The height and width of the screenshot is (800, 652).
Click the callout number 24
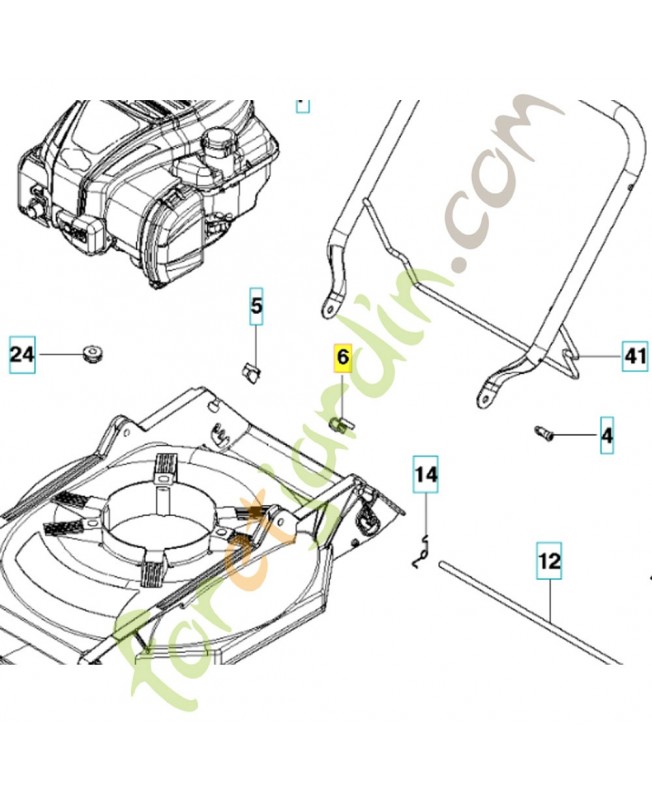22,354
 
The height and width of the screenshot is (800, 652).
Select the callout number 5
256,306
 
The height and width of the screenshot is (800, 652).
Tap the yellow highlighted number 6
343,357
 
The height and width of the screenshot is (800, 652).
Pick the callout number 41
635,356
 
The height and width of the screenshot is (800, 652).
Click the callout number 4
607,435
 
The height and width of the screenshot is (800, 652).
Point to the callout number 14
426,474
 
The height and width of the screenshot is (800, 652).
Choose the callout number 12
549,561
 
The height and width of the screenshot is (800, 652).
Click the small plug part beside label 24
92,353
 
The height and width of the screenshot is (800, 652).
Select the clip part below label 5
250,371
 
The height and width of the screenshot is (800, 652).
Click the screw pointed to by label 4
544,433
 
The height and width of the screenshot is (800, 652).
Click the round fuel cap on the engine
216,138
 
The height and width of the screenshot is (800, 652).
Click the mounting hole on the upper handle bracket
328,308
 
